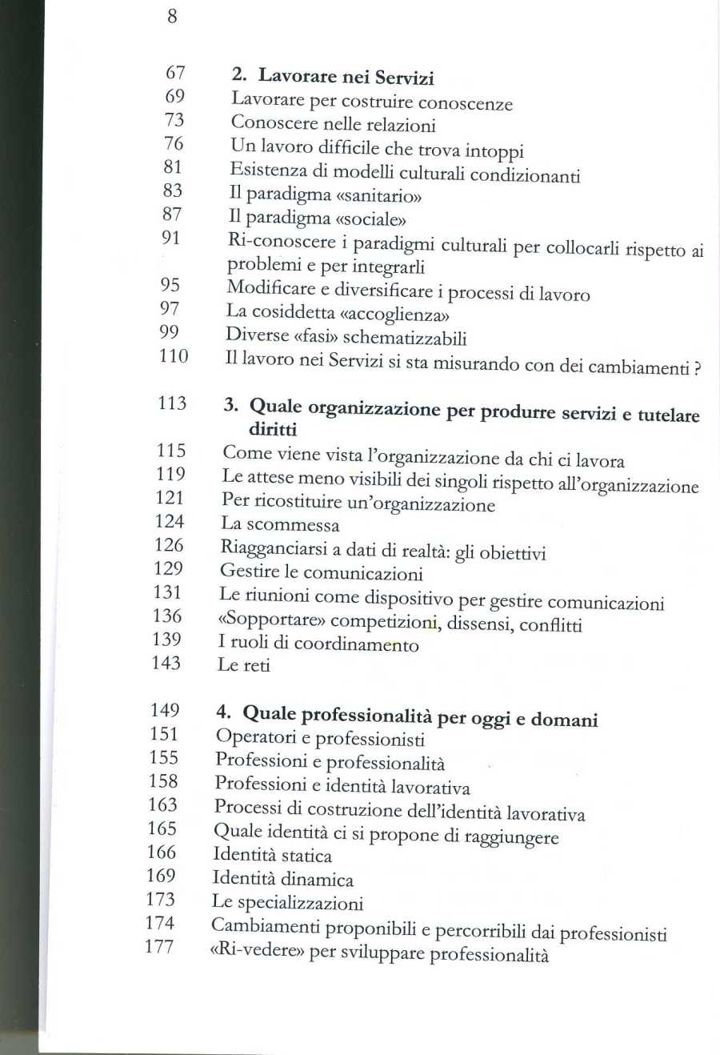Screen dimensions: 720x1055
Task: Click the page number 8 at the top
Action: coord(172,16)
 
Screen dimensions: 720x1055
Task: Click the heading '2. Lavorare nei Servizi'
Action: coord(333,78)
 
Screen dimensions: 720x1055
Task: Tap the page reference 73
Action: coord(174,120)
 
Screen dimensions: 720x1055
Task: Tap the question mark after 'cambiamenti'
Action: coord(698,369)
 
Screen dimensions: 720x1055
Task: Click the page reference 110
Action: coord(173,356)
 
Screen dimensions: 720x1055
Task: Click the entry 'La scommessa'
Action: coord(280,524)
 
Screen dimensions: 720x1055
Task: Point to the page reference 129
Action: coord(168,568)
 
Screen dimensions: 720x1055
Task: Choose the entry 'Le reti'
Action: coord(243,664)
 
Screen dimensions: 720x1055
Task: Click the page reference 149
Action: coord(165,710)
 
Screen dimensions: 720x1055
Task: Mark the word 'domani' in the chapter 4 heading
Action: coord(565,719)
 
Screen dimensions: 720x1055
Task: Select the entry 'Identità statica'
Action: coord(272,855)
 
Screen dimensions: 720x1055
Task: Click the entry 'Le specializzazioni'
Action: coord(286,903)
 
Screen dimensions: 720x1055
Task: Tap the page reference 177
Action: coord(158,947)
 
